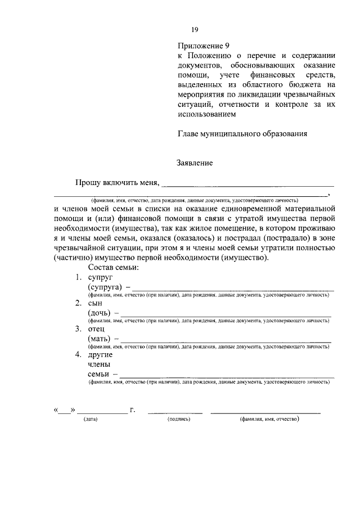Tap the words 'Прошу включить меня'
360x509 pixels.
[117, 182]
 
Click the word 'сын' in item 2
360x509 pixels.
[96, 303]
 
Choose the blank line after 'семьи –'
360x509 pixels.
[227, 377]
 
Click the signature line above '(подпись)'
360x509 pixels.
[175, 413]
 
